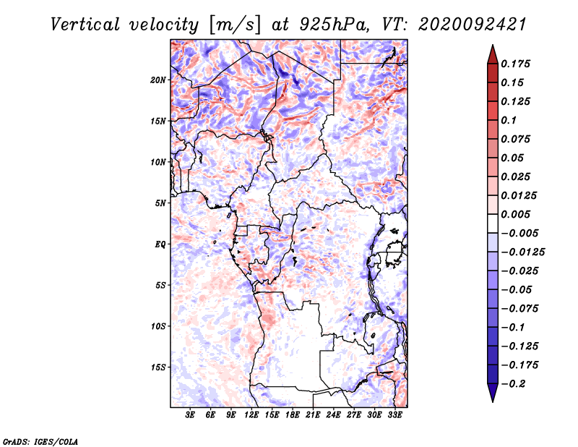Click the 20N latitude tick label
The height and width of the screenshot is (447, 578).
coord(158,80)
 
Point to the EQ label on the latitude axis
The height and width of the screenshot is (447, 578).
coord(160,244)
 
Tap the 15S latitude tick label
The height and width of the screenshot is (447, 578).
coord(158,367)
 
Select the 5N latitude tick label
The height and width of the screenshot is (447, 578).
coord(160,203)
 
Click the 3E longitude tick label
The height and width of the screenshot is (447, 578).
coord(191,416)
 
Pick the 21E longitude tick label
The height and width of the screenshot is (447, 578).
coord(313,416)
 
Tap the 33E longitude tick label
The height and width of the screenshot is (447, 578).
coord(394,416)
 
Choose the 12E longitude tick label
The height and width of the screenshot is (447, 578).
coord(251,416)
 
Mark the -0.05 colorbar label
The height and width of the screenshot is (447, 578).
coord(516,290)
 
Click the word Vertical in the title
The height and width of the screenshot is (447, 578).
coord(90,25)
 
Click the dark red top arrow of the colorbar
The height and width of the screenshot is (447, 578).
coord(492,53)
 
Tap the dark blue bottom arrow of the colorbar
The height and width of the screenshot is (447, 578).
coord(492,393)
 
